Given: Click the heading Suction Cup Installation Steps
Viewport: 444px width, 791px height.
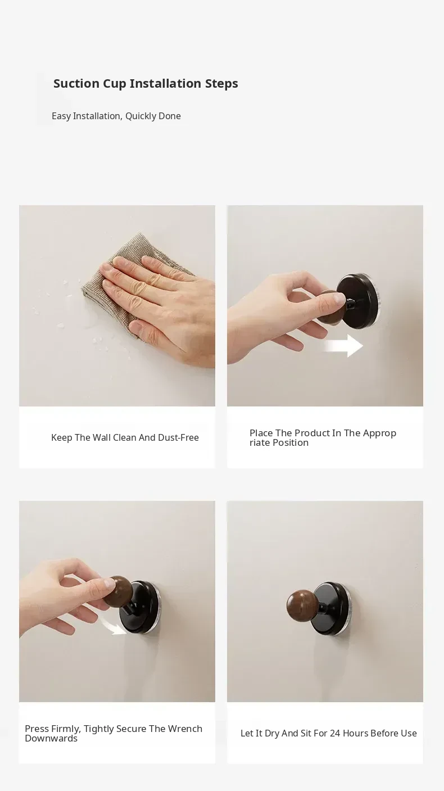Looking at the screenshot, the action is pyautogui.click(x=146, y=84).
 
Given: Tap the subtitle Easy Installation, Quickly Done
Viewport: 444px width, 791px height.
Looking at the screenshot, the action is pyautogui.click(x=116, y=116).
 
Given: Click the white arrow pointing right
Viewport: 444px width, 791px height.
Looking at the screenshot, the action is pyautogui.click(x=343, y=346).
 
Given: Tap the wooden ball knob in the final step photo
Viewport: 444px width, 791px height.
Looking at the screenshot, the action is pyautogui.click(x=301, y=606).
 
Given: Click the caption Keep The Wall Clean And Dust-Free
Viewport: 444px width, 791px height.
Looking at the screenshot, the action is pyautogui.click(x=125, y=437).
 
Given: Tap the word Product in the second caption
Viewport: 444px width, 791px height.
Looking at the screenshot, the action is pyautogui.click(x=311, y=433).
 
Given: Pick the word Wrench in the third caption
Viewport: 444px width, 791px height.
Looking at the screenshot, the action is pyautogui.click(x=185, y=729).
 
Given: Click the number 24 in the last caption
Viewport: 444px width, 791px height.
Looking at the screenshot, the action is pyautogui.click(x=335, y=734).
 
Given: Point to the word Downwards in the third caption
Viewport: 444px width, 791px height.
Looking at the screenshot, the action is pyautogui.click(x=51, y=738).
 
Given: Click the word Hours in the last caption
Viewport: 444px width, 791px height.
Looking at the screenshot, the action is pyautogui.click(x=355, y=734).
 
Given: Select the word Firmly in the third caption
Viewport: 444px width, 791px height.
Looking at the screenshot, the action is pyautogui.click(x=66, y=729).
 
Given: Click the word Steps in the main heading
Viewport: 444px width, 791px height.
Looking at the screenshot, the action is pyautogui.click(x=221, y=84).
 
